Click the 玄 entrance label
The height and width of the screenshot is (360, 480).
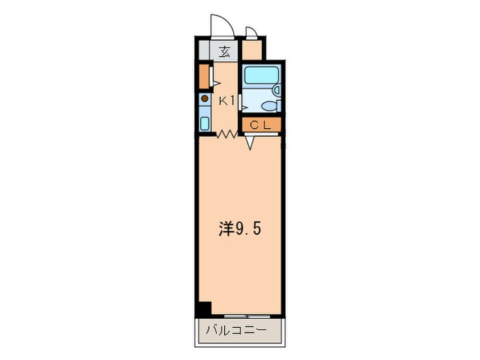click(x=225, y=51)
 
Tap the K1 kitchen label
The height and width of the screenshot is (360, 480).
click(x=227, y=101)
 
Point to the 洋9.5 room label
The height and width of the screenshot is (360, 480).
click(x=239, y=229)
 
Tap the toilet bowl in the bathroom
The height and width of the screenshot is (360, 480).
click(x=269, y=106)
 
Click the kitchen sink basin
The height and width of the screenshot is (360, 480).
click(x=204, y=123)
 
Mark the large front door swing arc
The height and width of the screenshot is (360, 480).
click(x=221, y=26)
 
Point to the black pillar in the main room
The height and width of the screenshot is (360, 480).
click(x=203, y=309)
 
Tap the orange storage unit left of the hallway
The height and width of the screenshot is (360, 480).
click(x=204, y=76)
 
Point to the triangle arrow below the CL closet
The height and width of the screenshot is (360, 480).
click(x=250, y=143)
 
